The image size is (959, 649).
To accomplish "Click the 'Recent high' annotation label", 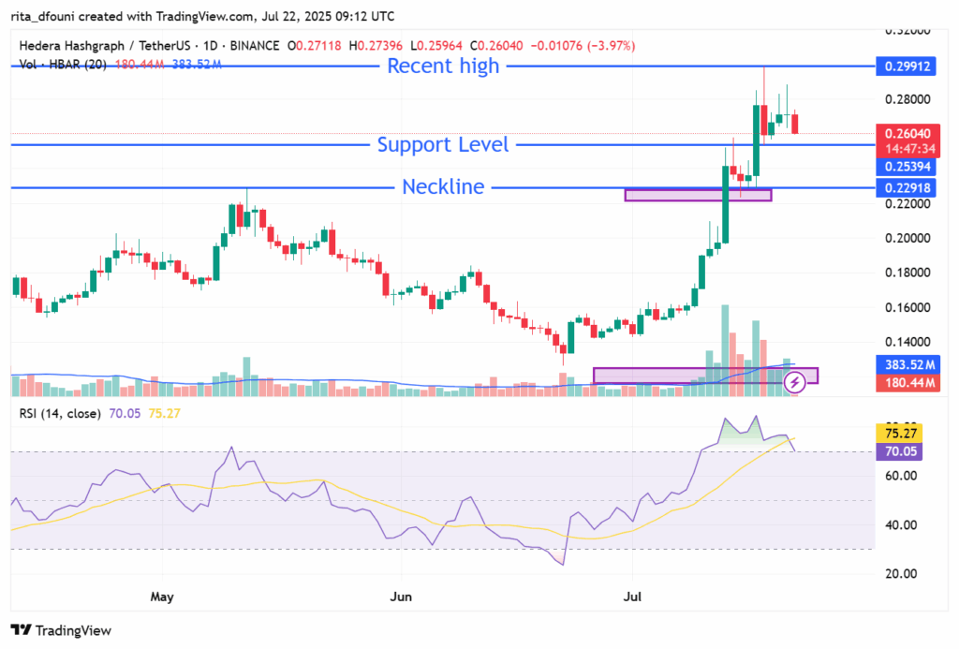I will click(x=443, y=66).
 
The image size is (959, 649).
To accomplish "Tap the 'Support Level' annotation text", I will click(x=443, y=144).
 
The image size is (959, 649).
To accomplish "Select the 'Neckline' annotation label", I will click(x=443, y=186).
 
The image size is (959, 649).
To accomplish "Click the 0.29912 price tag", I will click(x=903, y=66).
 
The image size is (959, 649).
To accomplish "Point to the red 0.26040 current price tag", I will click(x=903, y=133).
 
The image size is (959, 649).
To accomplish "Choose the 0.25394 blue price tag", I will click(x=903, y=167).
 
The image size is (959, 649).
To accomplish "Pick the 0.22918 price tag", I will click(x=903, y=187).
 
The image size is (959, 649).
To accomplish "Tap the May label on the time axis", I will click(x=163, y=596).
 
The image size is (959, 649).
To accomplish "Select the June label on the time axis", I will click(x=402, y=596).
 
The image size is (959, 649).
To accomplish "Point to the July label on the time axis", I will click(x=632, y=596).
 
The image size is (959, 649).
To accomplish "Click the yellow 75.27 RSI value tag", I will click(x=903, y=434).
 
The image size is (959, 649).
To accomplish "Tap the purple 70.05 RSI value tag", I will click(x=903, y=451).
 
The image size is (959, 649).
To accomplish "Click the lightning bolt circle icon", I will click(x=795, y=381).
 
